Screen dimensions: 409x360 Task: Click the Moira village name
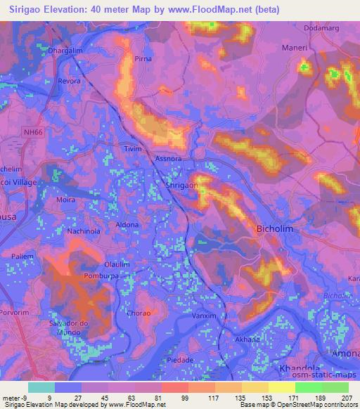point(65,200)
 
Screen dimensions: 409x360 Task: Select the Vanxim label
point(204,316)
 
